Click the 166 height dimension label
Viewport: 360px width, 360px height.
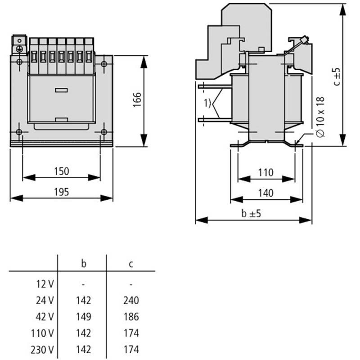[x=137, y=99]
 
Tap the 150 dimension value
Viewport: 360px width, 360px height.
[x=62, y=171]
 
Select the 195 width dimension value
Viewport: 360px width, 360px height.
[x=62, y=192]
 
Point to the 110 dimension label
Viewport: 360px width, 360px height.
[x=266, y=172]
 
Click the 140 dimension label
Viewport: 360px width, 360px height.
[x=266, y=193]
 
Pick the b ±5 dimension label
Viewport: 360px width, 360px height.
[x=251, y=213]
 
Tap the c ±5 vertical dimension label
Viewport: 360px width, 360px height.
[x=337, y=76]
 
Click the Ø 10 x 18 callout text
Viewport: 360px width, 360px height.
[x=320, y=117]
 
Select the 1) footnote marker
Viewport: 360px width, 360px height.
[x=207, y=103]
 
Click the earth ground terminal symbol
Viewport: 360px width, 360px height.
[x=19, y=49]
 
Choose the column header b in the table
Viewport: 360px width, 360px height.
[x=84, y=264]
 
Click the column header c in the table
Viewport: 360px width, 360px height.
[x=131, y=265]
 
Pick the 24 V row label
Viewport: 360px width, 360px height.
[x=45, y=301]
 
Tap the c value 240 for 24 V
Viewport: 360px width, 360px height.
[x=131, y=301]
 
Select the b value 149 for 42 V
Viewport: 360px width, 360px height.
[x=84, y=317]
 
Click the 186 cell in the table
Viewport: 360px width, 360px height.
[x=131, y=317]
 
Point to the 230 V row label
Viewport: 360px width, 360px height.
[x=42, y=350]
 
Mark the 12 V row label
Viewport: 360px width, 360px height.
[x=45, y=284]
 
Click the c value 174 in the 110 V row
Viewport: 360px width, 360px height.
[x=131, y=333]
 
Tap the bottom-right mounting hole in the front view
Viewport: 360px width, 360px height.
[x=104, y=132]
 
